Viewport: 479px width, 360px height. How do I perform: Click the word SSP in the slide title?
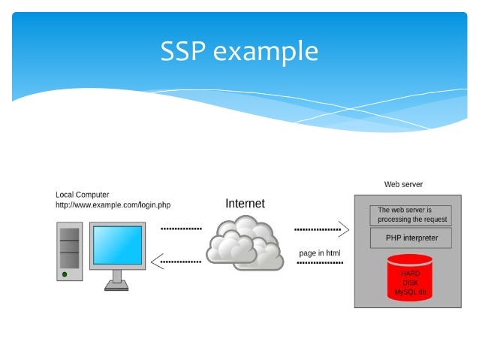184,51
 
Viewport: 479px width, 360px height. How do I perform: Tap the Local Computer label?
82,195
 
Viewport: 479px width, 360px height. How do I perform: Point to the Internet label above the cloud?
245,203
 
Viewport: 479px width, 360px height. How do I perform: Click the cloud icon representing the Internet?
245,242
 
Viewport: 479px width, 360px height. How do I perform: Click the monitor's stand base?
116,286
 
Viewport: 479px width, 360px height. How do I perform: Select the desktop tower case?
69,250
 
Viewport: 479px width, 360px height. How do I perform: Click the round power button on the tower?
65,273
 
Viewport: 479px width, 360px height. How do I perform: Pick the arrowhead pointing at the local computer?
156,262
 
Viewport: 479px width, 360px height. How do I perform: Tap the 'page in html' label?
319,253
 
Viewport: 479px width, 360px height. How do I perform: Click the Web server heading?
403,184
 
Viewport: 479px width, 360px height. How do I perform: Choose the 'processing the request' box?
412,215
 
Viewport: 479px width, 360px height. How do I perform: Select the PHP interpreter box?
412,238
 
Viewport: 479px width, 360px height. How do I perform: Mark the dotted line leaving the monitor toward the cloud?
181,227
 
